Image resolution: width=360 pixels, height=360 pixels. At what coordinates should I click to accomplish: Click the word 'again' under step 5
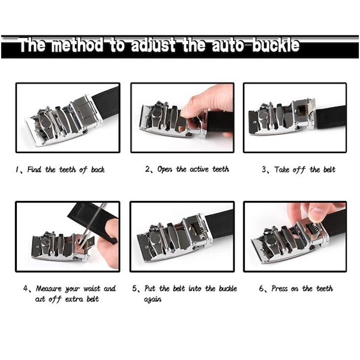coord(152,299)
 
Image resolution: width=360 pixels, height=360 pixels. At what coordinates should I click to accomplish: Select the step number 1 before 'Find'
coord(18,170)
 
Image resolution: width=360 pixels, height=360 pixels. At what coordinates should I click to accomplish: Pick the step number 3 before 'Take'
coord(264,170)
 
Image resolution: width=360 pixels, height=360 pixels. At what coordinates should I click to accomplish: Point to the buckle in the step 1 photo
coord(61,121)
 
